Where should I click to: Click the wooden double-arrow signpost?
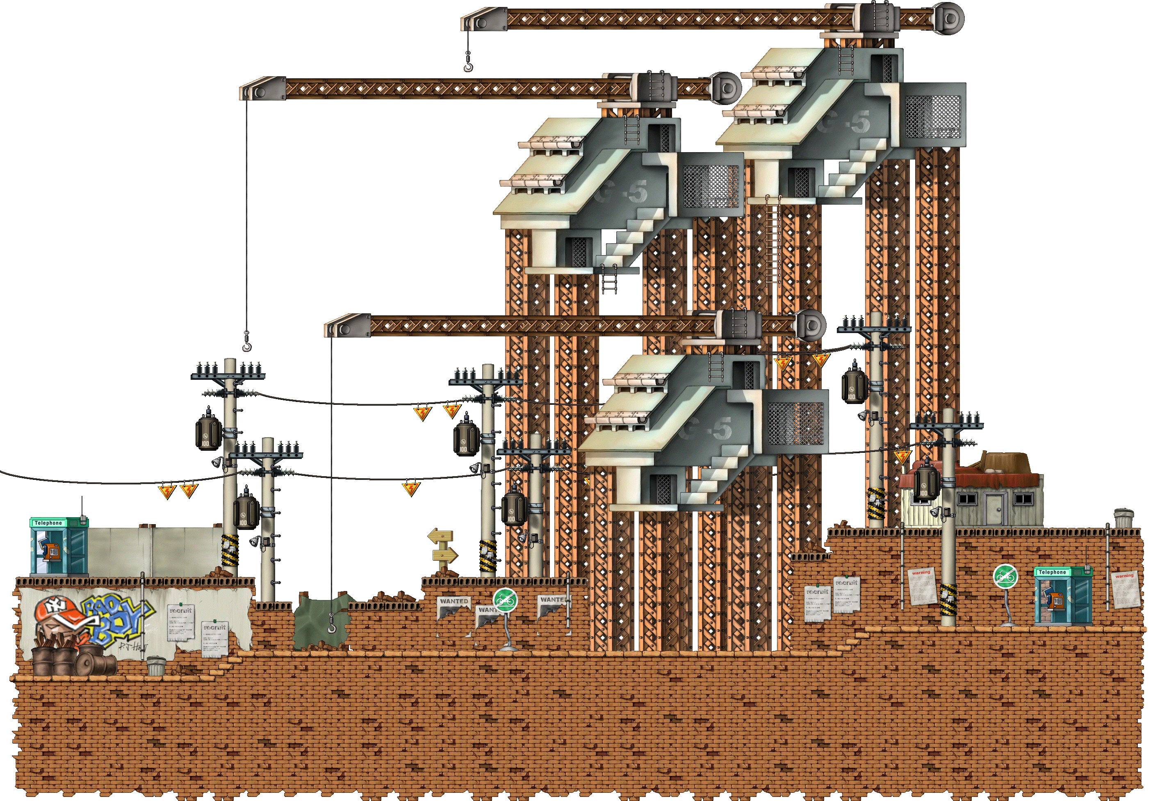pos(442,548)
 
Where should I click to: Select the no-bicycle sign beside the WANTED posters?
pos(505,600)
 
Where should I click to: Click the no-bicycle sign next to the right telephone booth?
pos(1005,577)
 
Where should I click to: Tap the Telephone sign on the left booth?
pos(48,523)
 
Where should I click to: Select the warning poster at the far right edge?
pos(1126,589)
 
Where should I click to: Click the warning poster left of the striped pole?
pos(922,586)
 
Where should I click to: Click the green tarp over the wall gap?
pos(319,622)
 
